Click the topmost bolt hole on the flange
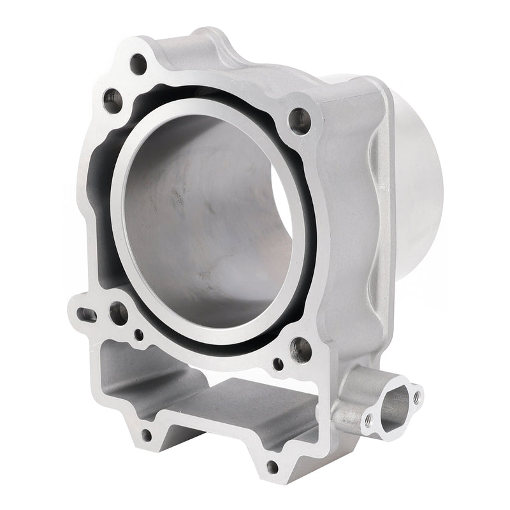[x=138, y=64]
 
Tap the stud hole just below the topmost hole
[x=113, y=100]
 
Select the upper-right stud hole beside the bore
[x=299, y=120]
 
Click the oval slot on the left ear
[x=87, y=314]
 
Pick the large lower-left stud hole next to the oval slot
[x=119, y=313]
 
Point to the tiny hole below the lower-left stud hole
[x=138, y=334]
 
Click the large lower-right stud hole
[x=301, y=349]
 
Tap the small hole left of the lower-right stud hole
[x=278, y=364]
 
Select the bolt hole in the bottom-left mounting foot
[x=146, y=435]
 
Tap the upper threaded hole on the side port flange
[x=417, y=396]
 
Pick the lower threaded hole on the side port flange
[x=368, y=419]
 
